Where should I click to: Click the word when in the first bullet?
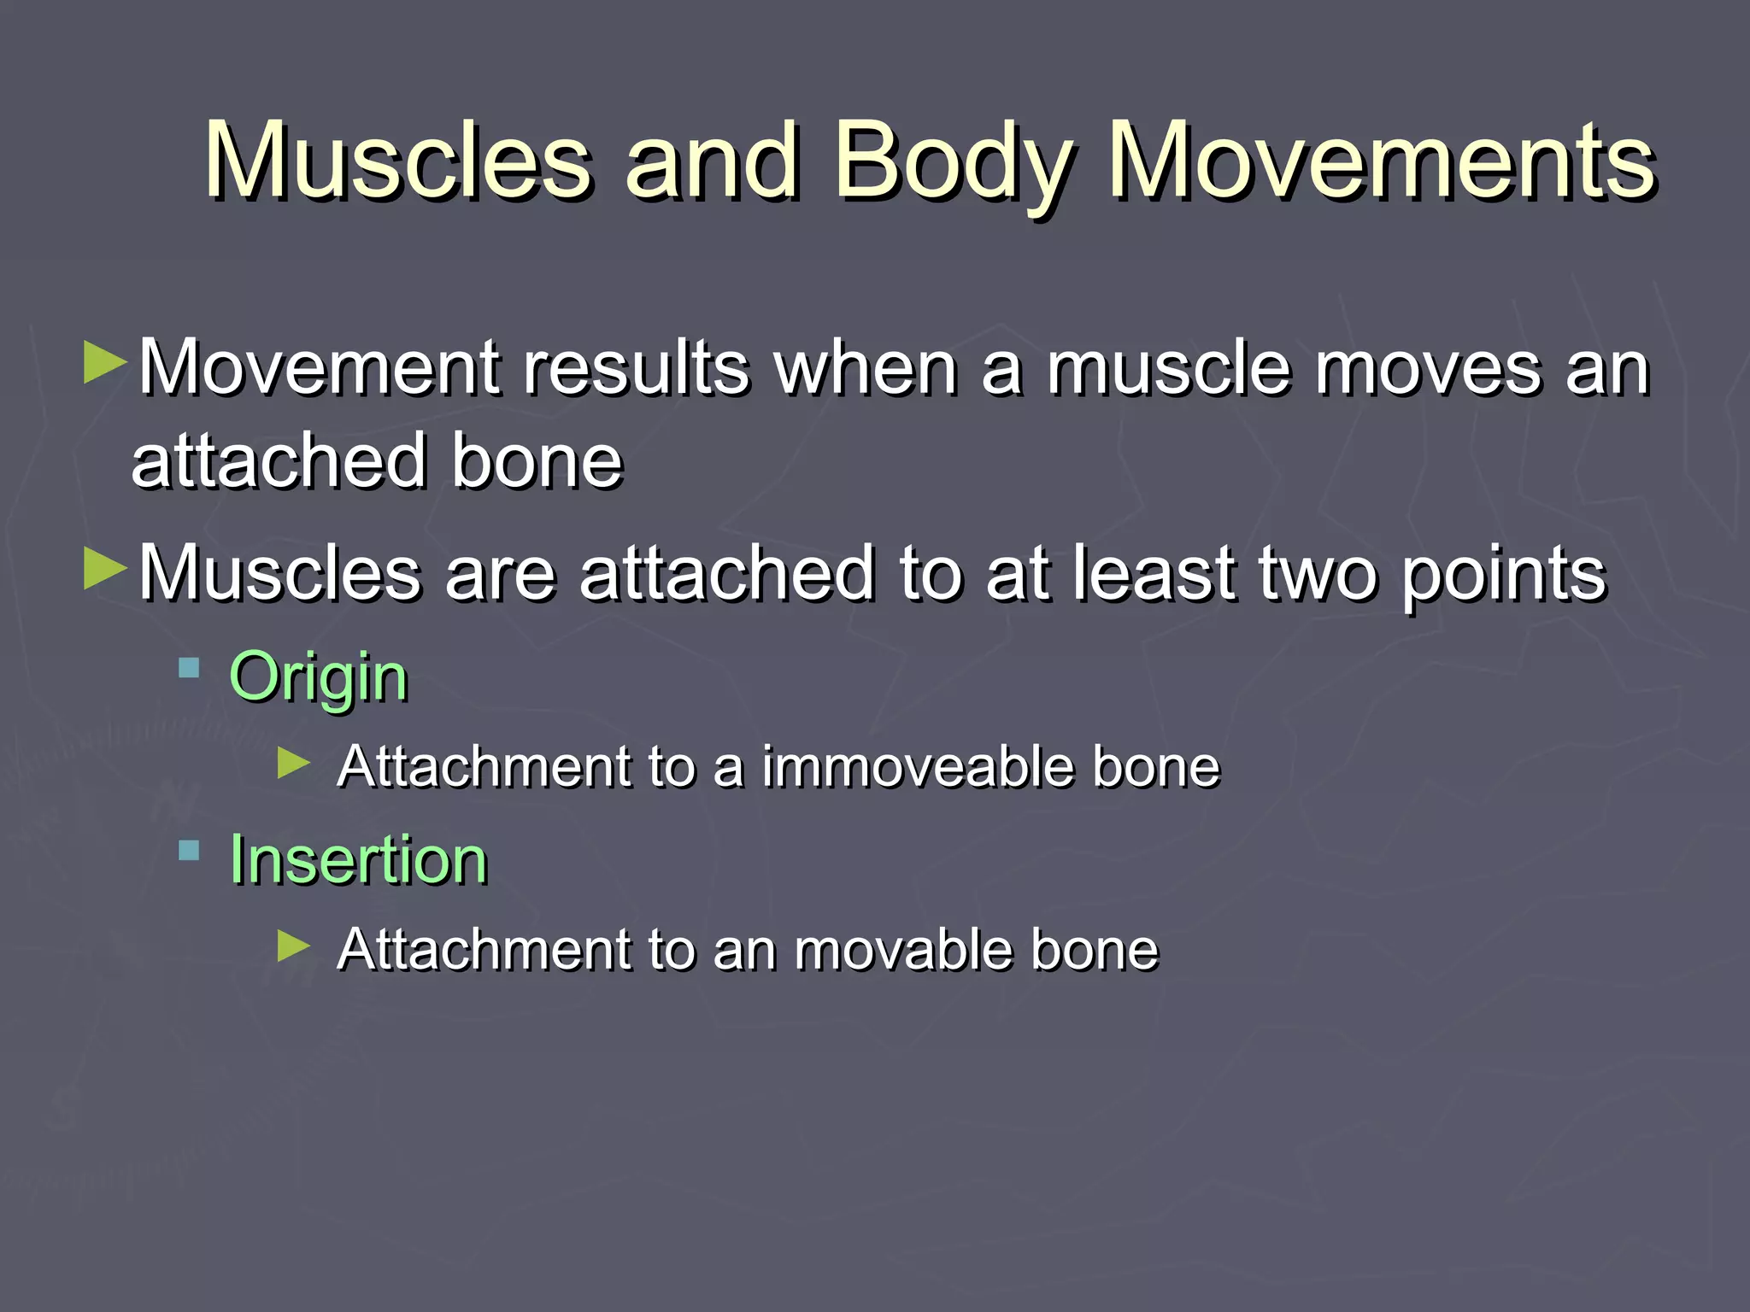[x=865, y=369]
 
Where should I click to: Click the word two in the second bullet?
[x=1318, y=574]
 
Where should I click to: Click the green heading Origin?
[x=319, y=677]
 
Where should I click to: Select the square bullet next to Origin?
[x=189, y=668]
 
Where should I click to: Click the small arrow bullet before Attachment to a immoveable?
[x=294, y=762]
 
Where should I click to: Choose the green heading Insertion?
[x=358, y=859]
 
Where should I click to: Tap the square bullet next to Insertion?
[x=189, y=851]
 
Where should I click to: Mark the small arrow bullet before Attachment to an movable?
[x=294, y=945]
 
